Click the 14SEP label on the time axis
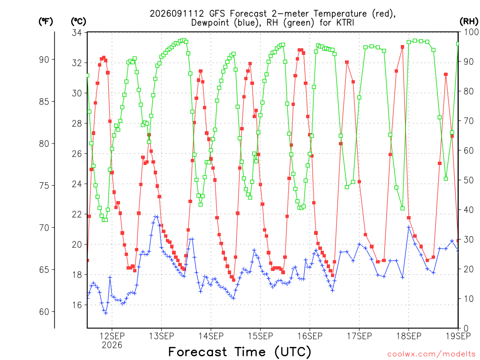click(x=211, y=336)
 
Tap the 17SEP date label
click(x=360, y=336)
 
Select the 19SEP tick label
click(x=458, y=336)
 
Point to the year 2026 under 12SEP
click(x=112, y=345)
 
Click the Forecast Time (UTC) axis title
click(x=240, y=352)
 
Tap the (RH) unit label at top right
click(x=469, y=21)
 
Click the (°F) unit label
click(x=45, y=22)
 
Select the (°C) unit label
click(x=78, y=22)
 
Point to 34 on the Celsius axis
click(x=77, y=33)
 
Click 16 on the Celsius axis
click(x=77, y=305)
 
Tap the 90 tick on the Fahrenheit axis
click(x=44, y=60)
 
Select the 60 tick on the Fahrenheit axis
click(x=44, y=312)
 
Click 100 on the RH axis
click(x=471, y=32)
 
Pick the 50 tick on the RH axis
click(x=469, y=180)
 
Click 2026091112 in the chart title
click(x=177, y=14)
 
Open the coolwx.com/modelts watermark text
click(x=431, y=354)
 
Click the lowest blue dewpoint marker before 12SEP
click(x=105, y=313)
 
